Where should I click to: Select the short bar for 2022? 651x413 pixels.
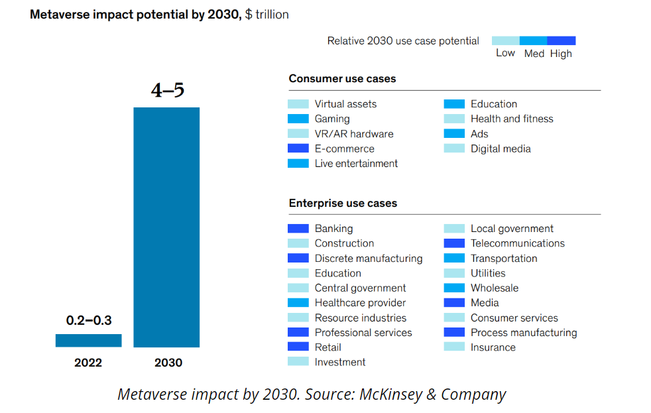pos(88,340)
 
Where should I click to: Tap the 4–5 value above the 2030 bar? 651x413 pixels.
pos(167,90)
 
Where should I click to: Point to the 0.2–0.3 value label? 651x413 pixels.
pos(89,321)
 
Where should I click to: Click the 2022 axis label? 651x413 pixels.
pos(88,363)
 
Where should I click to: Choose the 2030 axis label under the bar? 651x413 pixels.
pos(168,363)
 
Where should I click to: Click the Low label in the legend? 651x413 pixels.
pos(505,53)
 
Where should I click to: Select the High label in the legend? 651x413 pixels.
pos(561,53)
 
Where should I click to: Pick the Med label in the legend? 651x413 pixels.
pos(534,53)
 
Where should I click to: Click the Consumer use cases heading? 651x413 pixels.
pos(342,78)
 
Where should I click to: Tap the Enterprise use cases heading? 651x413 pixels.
pos(343,203)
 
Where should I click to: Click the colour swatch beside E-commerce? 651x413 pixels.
pos(298,148)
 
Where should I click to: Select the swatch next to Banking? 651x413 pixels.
pos(298,228)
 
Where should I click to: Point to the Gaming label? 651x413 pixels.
pos(332,119)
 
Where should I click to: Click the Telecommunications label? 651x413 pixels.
pos(518,243)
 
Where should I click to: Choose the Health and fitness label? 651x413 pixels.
pos(512,119)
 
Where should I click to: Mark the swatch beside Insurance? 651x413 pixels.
pos(454,347)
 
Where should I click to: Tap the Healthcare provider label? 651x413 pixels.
pos(360,303)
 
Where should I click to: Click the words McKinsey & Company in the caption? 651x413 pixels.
pos(433,394)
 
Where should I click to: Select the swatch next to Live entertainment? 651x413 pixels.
pos(298,163)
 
